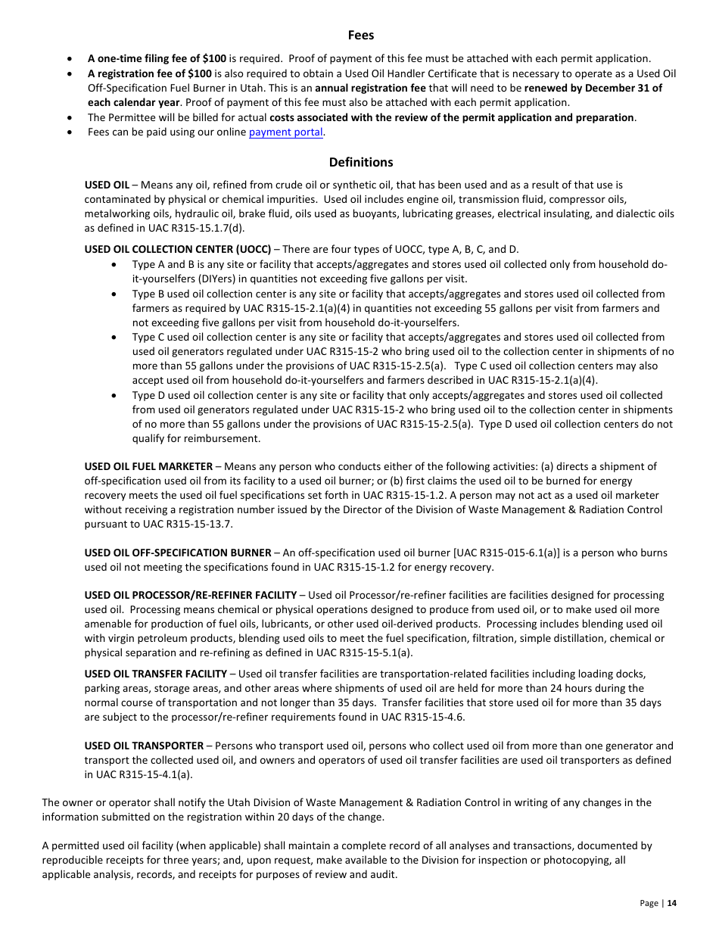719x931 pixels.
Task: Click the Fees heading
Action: [361, 35]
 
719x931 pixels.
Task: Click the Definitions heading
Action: [361, 162]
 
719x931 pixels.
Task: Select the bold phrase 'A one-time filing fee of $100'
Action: [157, 58]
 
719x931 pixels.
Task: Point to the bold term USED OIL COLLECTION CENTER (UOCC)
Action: [178, 249]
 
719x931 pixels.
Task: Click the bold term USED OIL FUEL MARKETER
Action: [148, 466]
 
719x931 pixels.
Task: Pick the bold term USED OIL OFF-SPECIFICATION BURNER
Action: [178, 553]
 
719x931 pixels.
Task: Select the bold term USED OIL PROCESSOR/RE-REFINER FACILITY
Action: [191, 596]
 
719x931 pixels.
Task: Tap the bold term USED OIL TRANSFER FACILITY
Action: [156, 674]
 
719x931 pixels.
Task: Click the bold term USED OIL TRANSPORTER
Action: [144, 746]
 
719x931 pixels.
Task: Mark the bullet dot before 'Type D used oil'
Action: [114, 396]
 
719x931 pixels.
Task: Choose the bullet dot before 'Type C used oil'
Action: [114, 338]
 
